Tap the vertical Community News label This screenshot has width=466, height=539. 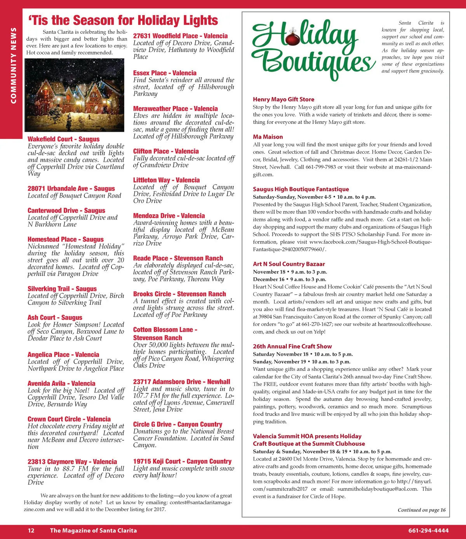tap(14, 66)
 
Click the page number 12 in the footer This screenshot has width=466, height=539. tap(31, 530)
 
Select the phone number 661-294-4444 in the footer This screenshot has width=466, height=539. tap(428, 530)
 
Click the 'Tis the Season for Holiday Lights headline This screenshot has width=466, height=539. tap(123, 20)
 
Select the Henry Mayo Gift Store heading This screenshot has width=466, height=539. tap(283, 99)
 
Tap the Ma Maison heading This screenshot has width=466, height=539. tap(268, 137)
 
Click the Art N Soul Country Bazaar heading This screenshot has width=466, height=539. tap(289, 264)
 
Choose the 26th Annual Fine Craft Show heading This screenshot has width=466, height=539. tap(292, 346)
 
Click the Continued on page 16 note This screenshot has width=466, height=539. tap(421, 510)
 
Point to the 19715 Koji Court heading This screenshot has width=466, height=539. tap(182, 461)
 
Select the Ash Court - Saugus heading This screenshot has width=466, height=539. tap(55, 318)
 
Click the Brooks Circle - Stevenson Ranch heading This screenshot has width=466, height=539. tap(179, 294)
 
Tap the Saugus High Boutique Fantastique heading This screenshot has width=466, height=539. tap(301, 189)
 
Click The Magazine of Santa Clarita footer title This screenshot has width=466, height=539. tap(93, 530)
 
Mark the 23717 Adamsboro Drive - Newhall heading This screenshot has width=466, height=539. tap(181, 382)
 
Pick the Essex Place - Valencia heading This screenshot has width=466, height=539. tap(165, 73)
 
